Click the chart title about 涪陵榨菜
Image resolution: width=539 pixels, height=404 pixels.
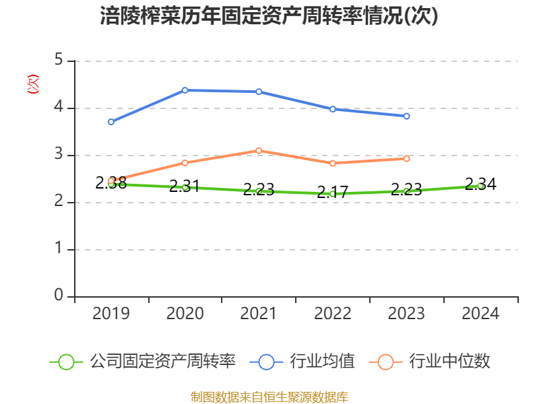click(x=269, y=16)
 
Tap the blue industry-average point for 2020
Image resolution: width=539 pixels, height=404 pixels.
click(x=185, y=90)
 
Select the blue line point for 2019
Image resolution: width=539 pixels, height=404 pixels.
click(x=111, y=122)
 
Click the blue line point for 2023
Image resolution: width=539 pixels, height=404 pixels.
click(x=406, y=116)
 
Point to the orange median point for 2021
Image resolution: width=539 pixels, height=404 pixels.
click(x=259, y=150)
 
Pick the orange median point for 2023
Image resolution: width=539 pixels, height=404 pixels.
click(x=406, y=158)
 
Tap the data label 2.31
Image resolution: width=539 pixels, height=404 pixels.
click(x=184, y=187)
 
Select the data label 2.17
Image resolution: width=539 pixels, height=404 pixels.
click(x=332, y=192)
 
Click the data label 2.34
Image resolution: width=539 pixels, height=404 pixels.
click(x=480, y=184)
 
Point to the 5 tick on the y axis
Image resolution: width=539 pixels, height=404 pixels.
click(x=59, y=61)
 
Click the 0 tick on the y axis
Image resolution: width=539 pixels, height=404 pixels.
click(x=59, y=296)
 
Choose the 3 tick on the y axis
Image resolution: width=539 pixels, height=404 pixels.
click(x=59, y=155)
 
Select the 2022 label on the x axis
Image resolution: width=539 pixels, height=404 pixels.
click(x=333, y=314)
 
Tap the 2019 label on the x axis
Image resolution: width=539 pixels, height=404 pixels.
click(x=111, y=314)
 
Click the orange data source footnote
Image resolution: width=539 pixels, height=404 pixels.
click(x=269, y=397)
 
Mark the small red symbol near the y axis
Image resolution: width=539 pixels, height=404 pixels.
click(x=32, y=84)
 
